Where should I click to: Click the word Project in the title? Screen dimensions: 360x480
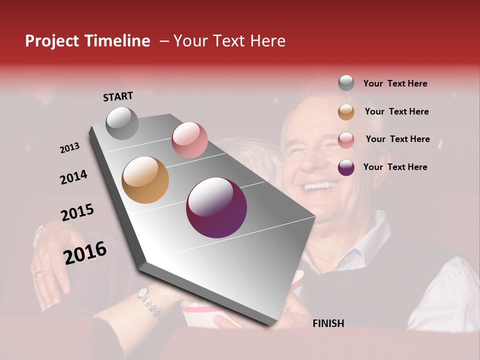click(x=52, y=41)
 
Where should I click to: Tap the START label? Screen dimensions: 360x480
click(x=118, y=96)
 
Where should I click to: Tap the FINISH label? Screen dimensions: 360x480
click(x=328, y=323)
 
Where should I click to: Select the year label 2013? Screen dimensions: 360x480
click(x=69, y=148)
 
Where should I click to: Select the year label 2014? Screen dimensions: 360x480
click(x=73, y=177)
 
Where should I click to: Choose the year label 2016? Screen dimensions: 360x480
click(x=85, y=252)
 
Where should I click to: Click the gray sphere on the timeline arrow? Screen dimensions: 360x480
click(x=122, y=123)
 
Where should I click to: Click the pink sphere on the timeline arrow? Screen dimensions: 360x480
click(x=189, y=140)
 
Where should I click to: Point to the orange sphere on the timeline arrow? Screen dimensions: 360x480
click(x=145, y=180)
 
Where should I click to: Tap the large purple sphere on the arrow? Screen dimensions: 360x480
click(x=216, y=207)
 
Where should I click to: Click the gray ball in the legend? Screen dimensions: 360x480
click(x=346, y=83)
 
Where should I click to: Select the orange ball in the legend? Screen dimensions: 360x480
click(x=346, y=112)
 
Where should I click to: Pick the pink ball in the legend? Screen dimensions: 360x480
click(x=346, y=140)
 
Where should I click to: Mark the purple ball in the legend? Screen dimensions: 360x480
click(x=346, y=167)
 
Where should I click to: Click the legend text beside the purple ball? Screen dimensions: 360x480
click(x=395, y=167)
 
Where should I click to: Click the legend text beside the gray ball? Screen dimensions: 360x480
click(x=395, y=83)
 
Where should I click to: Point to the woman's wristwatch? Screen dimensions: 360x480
click(x=150, y=303)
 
